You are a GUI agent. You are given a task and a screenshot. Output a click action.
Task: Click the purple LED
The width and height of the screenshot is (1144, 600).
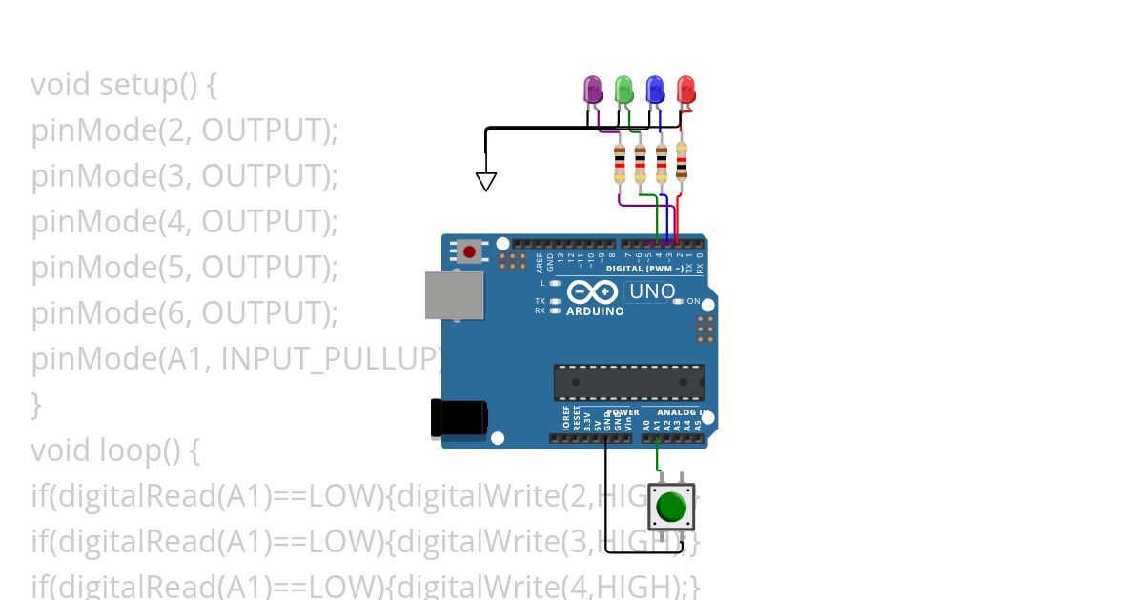click(x=593, y=90)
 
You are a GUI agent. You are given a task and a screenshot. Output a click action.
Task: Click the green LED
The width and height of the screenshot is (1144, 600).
click(x=624, y=90)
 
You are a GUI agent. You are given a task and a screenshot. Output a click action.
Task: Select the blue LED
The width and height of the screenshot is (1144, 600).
click(x=655, y=90)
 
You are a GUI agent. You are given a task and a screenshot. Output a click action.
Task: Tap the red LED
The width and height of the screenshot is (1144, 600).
click(x=686, y=90)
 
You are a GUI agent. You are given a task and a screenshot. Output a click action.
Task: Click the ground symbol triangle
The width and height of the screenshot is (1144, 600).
click(x=486, y=181)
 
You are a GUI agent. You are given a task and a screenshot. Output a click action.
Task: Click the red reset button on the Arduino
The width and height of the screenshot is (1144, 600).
click(x=470, y=252)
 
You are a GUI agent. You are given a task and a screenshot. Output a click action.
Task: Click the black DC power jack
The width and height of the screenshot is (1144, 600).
click(x=460, y=418)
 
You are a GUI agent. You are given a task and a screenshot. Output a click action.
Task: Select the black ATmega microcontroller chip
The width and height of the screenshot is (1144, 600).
click(x=629, y=382)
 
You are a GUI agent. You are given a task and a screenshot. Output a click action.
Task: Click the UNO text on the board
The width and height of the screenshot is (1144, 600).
click(x=652, y=291)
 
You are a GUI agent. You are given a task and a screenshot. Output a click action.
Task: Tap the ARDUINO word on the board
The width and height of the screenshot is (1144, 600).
click(x=595, y=311)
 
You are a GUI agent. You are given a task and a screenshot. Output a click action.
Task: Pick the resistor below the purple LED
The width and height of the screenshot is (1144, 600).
click(x=621, y=164)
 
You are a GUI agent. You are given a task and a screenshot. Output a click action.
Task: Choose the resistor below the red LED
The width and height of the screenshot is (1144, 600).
click(x=682, y=161)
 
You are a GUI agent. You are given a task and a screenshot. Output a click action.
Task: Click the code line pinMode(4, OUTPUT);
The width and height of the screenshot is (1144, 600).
click(x=185, y=222)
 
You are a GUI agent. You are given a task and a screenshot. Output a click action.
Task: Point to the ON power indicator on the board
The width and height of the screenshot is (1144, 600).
click(x=693, y=301)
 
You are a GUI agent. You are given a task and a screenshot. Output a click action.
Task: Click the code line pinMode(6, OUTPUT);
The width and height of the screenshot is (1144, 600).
click(x=185, y=312)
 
